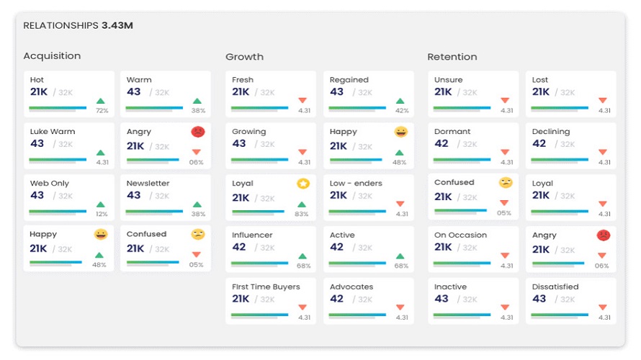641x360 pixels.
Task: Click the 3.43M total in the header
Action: click(x=117, y=25)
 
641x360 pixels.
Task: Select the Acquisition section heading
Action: click(x=52, y=56)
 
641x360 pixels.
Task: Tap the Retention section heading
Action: click(x=452, y=57)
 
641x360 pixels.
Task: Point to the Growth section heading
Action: click(x=244, y=57)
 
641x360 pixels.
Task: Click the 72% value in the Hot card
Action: click(x=102, y=110)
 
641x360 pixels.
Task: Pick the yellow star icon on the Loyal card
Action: click(x=303, y=184)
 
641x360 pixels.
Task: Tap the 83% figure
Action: click(x=302, y=214)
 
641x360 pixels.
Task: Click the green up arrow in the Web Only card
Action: click(x=101, y=204)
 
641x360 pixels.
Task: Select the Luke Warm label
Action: click(x=53, y=132)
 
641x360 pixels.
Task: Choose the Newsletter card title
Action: click(x=148, y=183)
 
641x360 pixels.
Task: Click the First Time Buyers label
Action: click(x=266, y=287)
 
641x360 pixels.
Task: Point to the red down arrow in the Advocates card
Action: click(x=400, y=307)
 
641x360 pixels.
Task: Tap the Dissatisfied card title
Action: click(x=555, y=287)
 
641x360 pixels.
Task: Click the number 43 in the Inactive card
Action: click(x=441, y=299)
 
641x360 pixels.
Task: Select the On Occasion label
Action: click(x=460, y=235)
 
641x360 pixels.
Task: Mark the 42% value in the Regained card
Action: click(x=402, y=110)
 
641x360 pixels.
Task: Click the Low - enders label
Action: click(x=356, y=183)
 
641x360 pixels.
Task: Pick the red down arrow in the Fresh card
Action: click(x=302, y=100)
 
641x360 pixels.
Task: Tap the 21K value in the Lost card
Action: click(x=540, y=92)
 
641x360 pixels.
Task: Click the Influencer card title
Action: click(x=252, y=235)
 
